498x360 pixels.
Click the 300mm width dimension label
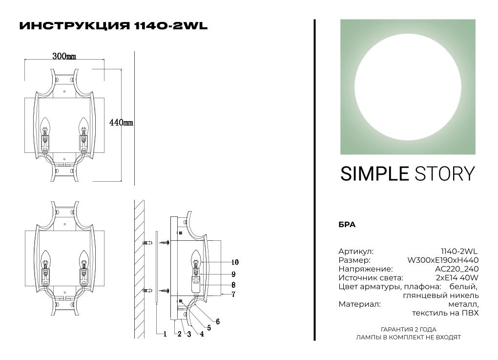64,56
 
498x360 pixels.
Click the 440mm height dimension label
121,123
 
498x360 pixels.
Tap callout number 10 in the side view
235,262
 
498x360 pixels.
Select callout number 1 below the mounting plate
165,334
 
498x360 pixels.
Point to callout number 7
233,295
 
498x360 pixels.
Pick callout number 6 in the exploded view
218,321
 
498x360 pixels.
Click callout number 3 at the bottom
189,334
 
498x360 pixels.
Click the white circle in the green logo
408,87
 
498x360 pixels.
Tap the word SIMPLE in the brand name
374,174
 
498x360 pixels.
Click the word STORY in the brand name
445,174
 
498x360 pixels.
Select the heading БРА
347,225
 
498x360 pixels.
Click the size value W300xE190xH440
443,260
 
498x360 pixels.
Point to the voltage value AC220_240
456,269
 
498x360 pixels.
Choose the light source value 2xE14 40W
457,278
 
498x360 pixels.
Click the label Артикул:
356,252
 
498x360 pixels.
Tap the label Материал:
359,304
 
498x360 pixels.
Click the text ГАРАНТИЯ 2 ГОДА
409,330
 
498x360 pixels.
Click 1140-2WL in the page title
171,26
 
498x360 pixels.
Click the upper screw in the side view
165,243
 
